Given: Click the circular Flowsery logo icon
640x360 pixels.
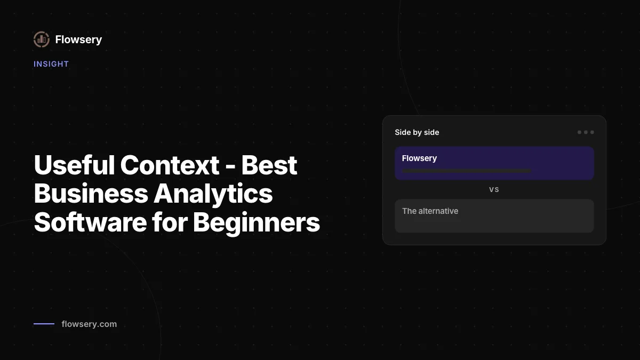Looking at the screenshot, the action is click(x=42, y=39).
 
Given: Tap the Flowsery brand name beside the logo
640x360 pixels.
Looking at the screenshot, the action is click(x=78, y=39).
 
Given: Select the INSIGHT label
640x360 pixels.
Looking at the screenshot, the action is click(x=51, y=64).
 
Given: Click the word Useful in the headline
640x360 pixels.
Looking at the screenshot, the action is click(x=74, y=165).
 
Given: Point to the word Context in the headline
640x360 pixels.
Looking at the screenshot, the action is click(x=170, y=165).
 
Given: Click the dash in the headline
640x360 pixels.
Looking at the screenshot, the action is click(x=230, y=166).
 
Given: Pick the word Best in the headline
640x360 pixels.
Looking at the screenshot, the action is click(x=269, y=165).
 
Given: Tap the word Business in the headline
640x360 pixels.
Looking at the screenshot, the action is click(x=91, y=194).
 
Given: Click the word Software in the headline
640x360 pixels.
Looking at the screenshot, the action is click(x=90, y=222).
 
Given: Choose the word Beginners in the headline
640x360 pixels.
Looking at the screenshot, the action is click(x=257, y=223).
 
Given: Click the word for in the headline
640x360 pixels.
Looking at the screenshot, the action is click(x=170, y=222).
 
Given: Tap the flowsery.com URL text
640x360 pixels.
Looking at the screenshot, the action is click(x=89, y=324).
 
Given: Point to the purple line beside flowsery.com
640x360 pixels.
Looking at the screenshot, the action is click(x=44, y=324).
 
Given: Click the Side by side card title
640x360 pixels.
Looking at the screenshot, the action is click(x=417, y=132).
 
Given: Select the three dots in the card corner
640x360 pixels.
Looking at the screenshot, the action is click(x=586, y=132).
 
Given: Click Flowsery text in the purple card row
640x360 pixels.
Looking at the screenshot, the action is click(x=419, y=158).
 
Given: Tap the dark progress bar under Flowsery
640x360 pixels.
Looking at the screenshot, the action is click(x=467, y=171).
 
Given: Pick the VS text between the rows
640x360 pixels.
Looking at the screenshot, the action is click(x=494, y=190).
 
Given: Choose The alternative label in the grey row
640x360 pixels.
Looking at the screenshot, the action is click(x=430, y=211).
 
